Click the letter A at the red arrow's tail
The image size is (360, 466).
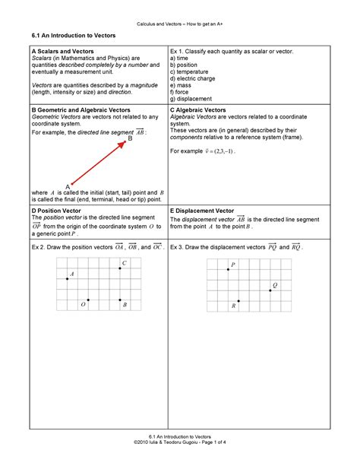pos(68,186)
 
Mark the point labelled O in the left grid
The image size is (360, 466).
pos(88,300)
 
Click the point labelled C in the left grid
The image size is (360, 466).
pos(119,268)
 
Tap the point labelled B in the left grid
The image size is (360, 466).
pos(119,300)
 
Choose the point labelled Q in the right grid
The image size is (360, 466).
pos(270,290)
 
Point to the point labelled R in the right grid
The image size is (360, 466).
pos(238,301)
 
